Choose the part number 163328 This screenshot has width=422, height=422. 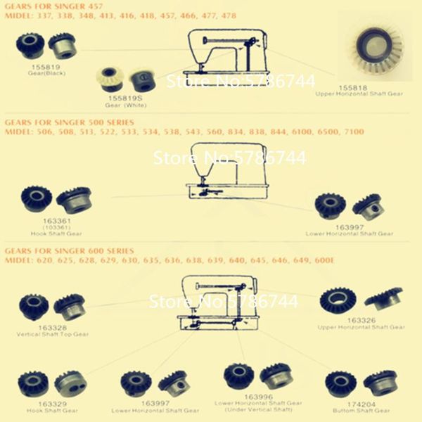click(53, 328)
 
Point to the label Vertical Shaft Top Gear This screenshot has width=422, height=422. click(53, 335)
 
